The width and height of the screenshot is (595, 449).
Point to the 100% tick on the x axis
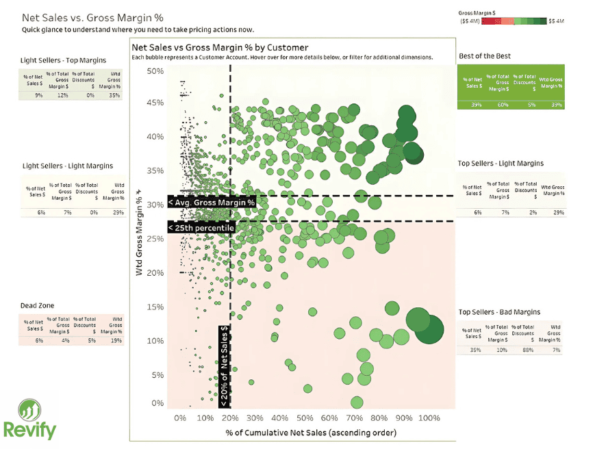tap(429, 418)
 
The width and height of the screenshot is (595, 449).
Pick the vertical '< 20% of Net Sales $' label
tap(225, 366)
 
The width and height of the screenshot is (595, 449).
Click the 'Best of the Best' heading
tap(484, 56)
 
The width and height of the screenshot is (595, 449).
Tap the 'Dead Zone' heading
tap(38, 305)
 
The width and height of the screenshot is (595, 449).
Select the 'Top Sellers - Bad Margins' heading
tap(499, 312)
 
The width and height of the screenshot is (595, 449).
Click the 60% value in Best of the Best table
tap(503, 105)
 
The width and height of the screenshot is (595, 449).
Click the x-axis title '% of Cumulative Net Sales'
tap(310, 433)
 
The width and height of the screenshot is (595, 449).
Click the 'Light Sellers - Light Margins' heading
tap(68, 166)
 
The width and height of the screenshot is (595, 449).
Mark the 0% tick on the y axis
tap(157, 404)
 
